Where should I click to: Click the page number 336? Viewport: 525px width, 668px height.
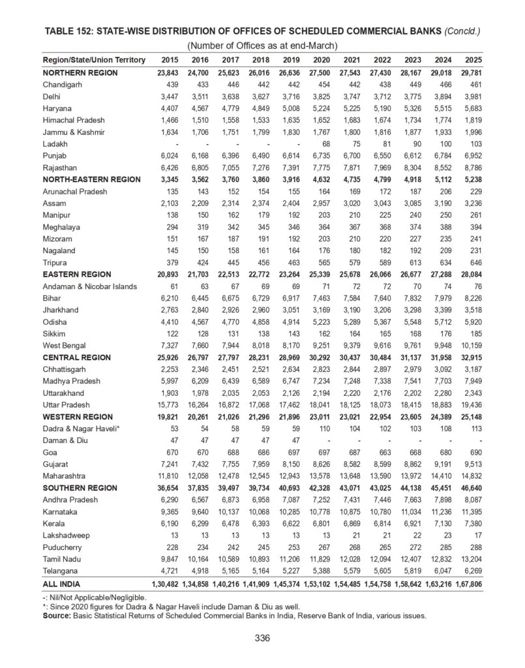pyautogui.click(x=262, y=638)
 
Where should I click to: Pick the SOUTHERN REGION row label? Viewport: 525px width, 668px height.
pyautogui.click(x=80, y=487)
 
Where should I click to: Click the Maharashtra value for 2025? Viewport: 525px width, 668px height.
pyautogui.click(x=468, y=476)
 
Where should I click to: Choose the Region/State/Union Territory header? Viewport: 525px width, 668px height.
pyautogui.click(x=94, y=60)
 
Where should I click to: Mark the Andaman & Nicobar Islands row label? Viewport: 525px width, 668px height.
pyautogui.click(x=90, y=286)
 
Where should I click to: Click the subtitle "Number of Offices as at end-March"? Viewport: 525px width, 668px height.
pyautogui.click(x=262, y=45)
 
